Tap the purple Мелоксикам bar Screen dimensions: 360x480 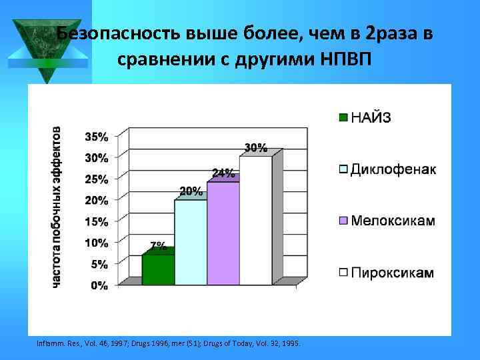223,233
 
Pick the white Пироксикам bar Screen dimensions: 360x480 255,221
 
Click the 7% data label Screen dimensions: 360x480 158,246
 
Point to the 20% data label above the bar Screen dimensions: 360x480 191,191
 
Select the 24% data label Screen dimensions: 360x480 223,173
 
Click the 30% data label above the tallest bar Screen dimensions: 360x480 256,147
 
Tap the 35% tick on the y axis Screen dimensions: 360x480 96,137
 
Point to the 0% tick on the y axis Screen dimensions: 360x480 99,285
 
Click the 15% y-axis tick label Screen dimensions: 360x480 96,221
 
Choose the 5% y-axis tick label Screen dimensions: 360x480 99,264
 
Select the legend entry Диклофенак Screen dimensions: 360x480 393,169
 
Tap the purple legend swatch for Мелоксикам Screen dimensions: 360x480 343,221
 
